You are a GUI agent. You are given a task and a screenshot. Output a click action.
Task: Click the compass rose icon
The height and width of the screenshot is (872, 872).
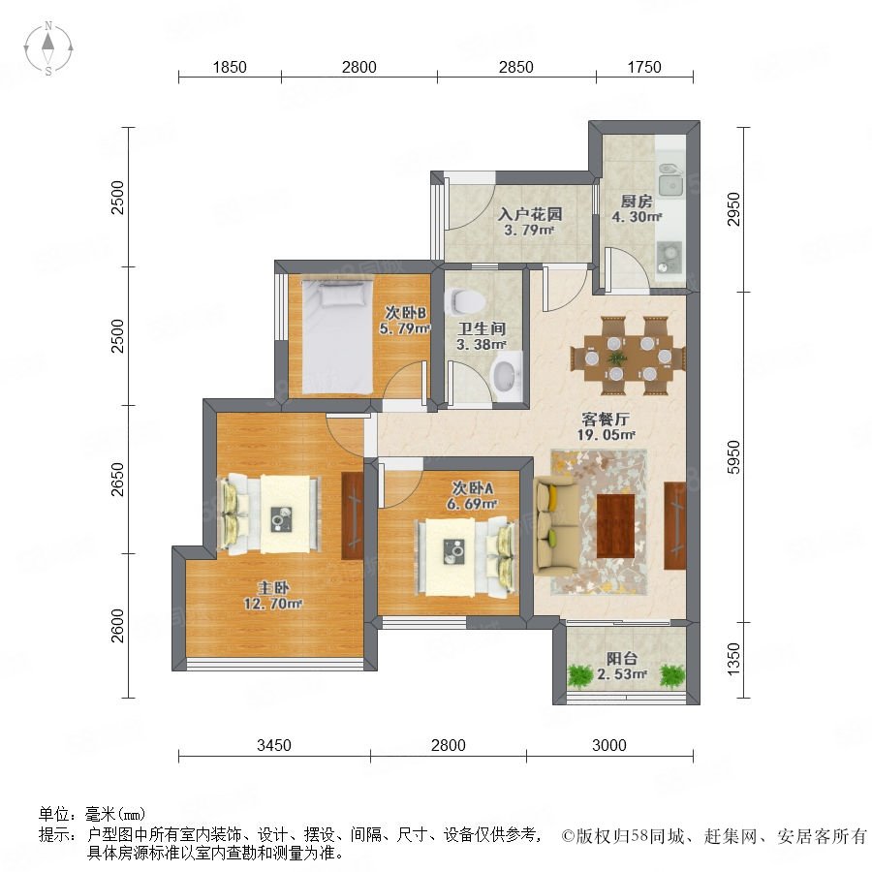(x=48, y=48)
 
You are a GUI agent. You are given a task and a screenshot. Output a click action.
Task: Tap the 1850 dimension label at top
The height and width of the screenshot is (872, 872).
(x=230, y=67)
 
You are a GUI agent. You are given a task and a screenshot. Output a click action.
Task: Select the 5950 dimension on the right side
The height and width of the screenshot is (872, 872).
(x=734, y=457)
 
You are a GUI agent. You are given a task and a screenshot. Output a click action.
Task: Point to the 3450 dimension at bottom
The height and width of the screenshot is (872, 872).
(x=274, y=745)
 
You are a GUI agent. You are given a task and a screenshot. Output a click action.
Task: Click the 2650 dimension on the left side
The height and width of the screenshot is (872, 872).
(x=117, y=480)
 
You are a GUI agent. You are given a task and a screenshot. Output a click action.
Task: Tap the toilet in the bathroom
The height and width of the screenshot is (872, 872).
(x=467, y=301)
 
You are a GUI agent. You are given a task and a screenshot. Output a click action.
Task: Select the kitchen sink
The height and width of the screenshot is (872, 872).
(x=670, y=181)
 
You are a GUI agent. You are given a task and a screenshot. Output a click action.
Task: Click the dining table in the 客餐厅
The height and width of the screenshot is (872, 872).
(x=629, y=356)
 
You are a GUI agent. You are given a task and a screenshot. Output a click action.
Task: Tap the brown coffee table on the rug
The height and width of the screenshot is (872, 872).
(x=615, y=525)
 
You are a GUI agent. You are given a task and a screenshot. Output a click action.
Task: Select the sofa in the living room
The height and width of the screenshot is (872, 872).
(x=550, y=525)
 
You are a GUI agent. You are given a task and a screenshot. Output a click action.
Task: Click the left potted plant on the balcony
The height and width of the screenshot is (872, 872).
(x=581, y=676)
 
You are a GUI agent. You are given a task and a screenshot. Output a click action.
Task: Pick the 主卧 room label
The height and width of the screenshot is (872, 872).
(x=273, y=587)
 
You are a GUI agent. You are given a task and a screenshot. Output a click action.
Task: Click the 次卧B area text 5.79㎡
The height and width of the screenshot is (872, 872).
(x=405, y=328)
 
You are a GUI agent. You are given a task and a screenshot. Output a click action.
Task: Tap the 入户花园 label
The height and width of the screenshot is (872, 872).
(x=529, y=214)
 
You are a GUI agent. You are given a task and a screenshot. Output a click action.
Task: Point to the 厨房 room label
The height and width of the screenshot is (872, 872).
(x=637, y=201)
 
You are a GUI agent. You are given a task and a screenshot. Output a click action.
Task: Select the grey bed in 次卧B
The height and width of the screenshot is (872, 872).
(x=337, y=336)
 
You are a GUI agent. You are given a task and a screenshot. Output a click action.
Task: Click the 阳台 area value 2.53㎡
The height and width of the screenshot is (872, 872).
(x=622, y=674)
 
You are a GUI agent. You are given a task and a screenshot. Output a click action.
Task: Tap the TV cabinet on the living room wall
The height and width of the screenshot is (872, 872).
(x=675, y=525)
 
